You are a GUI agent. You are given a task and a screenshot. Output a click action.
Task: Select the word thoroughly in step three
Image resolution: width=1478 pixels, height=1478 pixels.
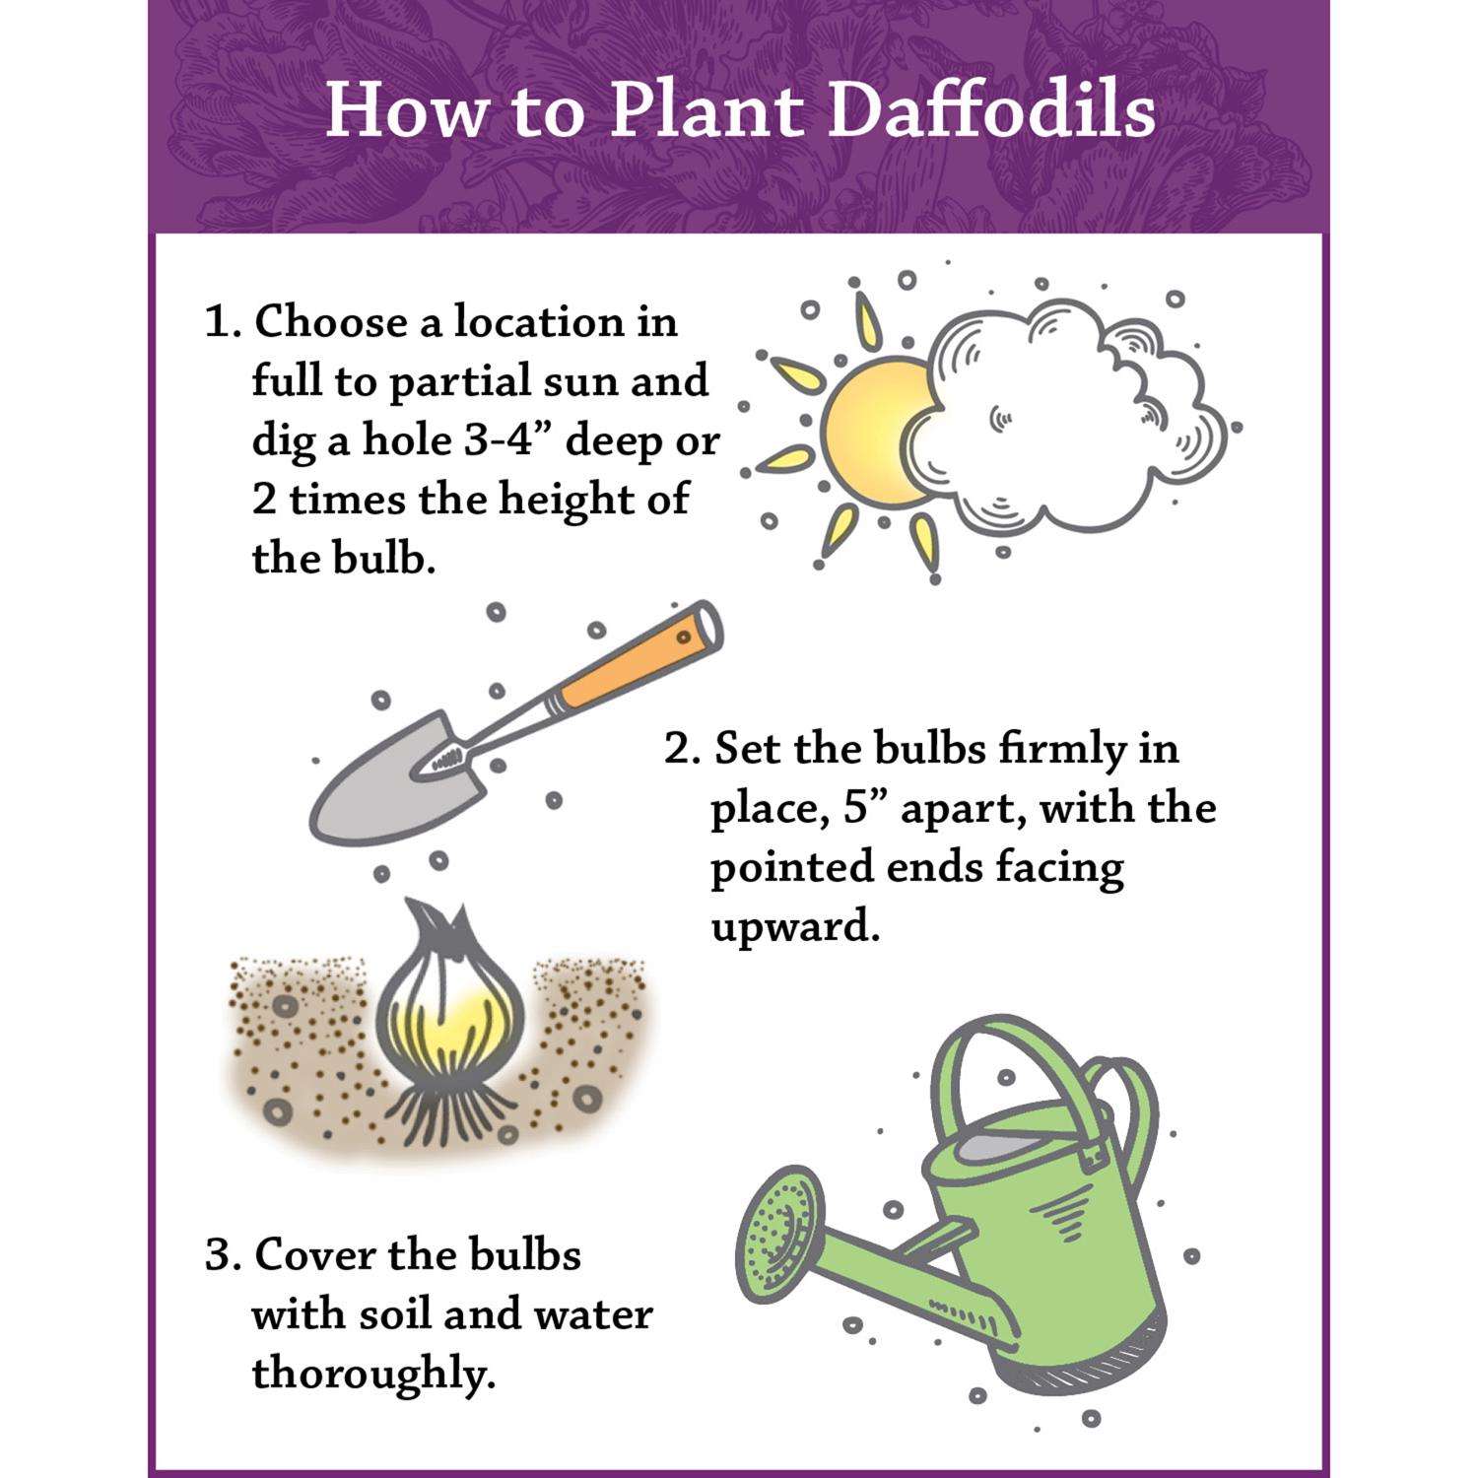(x=372, y=1376)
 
